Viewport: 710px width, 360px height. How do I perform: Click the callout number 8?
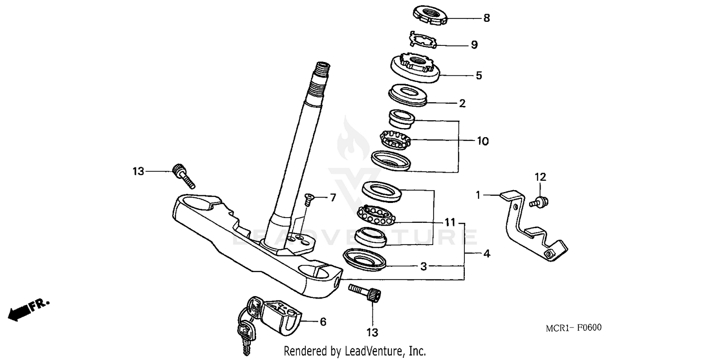486,18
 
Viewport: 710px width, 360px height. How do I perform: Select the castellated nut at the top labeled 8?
431,15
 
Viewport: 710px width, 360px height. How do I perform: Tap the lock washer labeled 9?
423,40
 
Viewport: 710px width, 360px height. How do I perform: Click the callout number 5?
479,75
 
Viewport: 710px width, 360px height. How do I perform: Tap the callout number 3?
424,267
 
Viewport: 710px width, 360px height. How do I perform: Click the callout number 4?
486,254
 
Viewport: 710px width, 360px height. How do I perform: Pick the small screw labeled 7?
308,198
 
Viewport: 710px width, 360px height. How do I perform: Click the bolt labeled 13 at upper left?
183,176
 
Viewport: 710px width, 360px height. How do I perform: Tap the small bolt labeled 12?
541,202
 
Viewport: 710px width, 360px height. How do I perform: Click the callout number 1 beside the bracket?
478,194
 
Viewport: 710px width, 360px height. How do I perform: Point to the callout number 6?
323,322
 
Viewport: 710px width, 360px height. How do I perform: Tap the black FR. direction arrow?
18,312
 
